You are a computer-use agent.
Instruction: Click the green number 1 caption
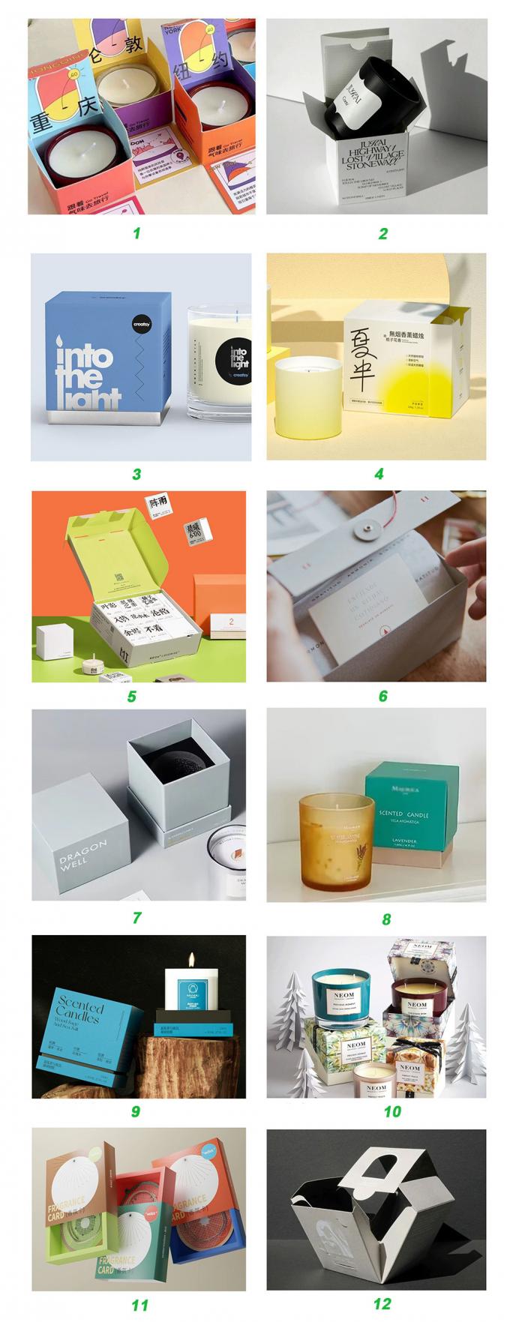(x=136, y=233)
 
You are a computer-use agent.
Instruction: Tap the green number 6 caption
(x=382, y=696)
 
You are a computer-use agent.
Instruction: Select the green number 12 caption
(x=382, y=1303)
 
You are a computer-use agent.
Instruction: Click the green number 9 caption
(x=136, y=1111)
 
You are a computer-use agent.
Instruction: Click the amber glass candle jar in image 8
(x=337, y=841)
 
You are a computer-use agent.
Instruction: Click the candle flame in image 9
(x=192, y=959)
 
